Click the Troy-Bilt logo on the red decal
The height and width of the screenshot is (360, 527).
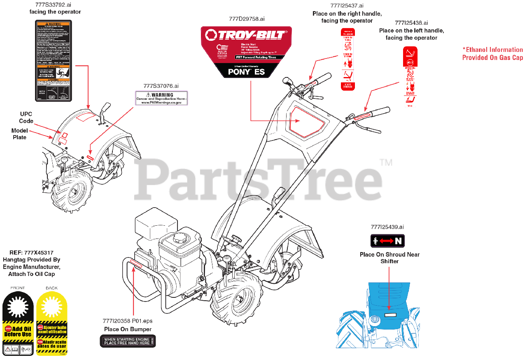(x=246, y=35)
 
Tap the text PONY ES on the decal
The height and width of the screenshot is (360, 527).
(x=246, y=72)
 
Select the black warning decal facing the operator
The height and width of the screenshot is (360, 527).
(x=54, y=61)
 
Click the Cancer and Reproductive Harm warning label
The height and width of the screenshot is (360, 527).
(x=161, y=98)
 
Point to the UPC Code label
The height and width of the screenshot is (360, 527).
(x=26, y=117)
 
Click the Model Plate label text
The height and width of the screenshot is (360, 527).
(x=19, y=134)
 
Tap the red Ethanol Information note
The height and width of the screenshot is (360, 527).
(x=492, y=54)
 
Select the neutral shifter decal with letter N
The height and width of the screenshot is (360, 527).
(x=387, y=241)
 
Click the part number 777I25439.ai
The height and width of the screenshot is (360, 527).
(x=387, y=227)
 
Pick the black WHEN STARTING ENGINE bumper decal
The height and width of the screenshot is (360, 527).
(x=128, y=341)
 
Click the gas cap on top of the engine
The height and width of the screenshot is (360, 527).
(x=180, y=238)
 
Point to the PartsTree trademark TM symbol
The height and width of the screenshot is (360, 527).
(x=386, y=163)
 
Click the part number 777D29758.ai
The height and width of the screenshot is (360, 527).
(x=247, y=19)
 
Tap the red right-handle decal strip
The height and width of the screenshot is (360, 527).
(x=347, y=59)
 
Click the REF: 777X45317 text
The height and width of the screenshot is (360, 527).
(x=31, y=252)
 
